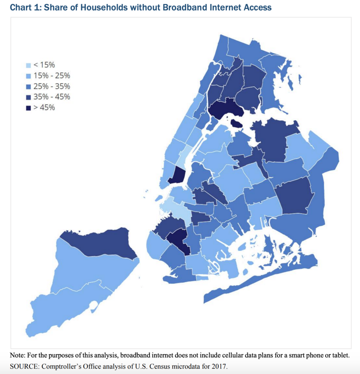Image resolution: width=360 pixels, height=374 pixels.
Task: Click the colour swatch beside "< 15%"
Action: click(28, 65)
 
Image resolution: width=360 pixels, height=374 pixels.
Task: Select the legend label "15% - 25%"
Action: click(51, 76)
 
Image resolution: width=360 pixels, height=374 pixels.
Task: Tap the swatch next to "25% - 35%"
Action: click(28, 87)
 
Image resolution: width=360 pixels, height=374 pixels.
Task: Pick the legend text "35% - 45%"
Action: click(51, 97)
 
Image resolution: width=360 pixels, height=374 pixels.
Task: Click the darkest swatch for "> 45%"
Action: click(28, 108)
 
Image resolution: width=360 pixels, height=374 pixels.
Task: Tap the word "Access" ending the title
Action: click(258, 7)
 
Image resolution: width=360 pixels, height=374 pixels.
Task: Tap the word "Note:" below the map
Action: click(19, 355)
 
